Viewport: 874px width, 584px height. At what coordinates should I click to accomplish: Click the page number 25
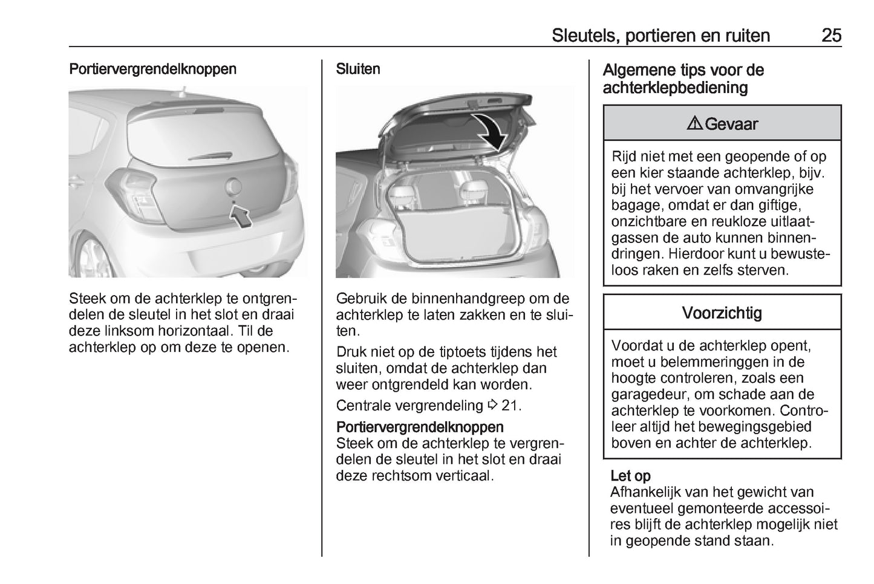tap(831, 35)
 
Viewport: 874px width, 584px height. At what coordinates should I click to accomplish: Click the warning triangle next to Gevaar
tap(695, 124)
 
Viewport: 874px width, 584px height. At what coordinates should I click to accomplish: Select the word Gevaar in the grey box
tap(731, 124)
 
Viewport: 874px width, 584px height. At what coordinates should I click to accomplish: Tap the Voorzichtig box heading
tap(722, 313)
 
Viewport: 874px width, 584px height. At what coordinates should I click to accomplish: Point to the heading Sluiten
tap(358, 69)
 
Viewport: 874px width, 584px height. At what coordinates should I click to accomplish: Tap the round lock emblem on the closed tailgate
tap(234, 186)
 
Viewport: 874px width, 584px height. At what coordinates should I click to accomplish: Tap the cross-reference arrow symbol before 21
tap(492, 405)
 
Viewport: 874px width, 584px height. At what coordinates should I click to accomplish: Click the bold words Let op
tap(630, 476)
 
